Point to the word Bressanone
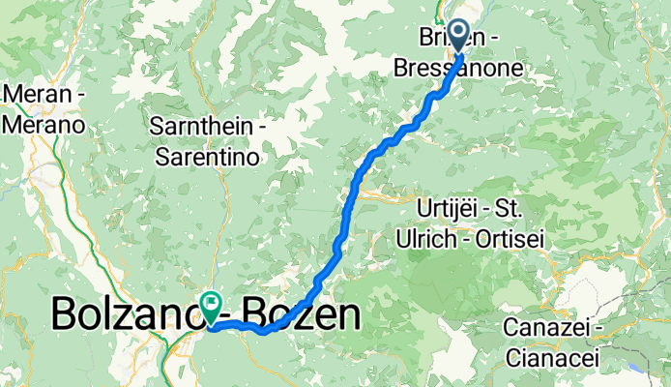tap(458, 69)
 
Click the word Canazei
tap(542, 328)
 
